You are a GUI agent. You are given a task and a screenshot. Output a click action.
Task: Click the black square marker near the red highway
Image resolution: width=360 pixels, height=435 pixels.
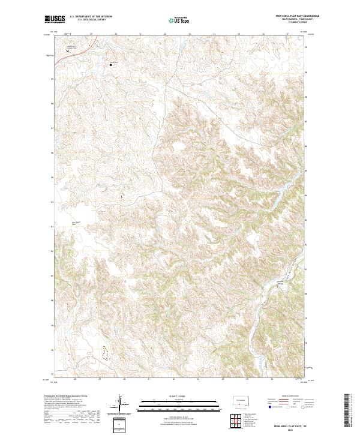click(67, 50)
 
